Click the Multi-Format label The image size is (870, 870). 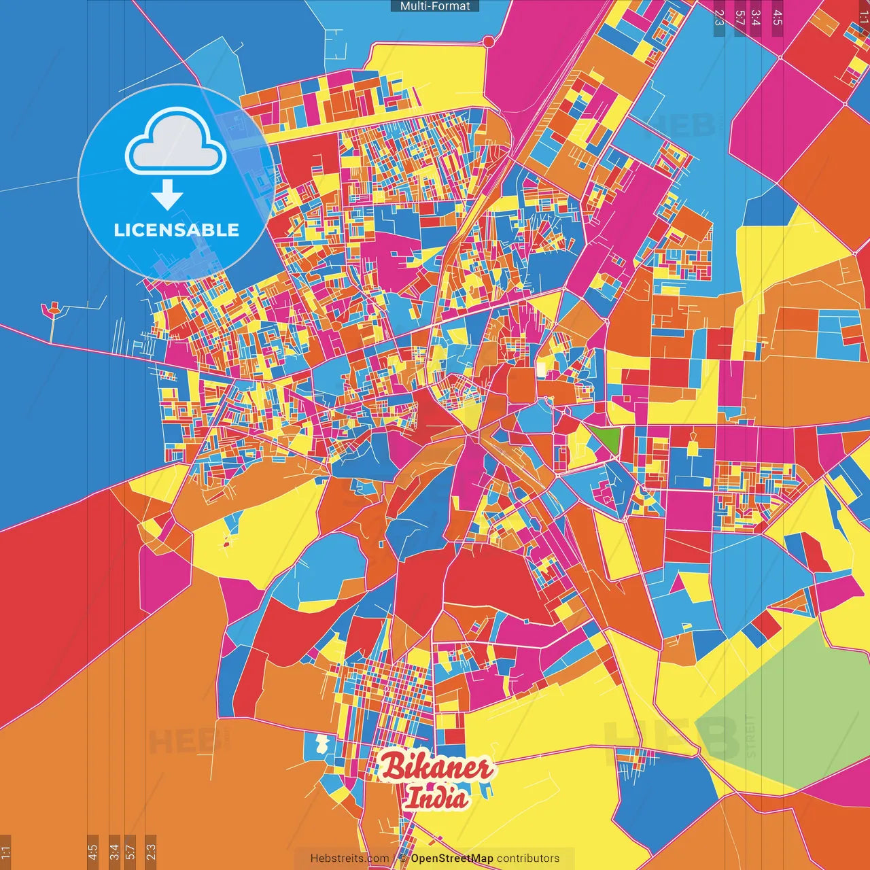coord(435,6)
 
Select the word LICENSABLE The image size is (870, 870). coord(177,230)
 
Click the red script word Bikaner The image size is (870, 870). coord(436,768)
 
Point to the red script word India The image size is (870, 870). coord(436,798)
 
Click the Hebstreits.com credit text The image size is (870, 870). coord(349,858)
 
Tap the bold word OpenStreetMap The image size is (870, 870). coord(452,858)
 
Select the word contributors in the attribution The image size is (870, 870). coord(528,858)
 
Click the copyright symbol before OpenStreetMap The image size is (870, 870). coord(403,858)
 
